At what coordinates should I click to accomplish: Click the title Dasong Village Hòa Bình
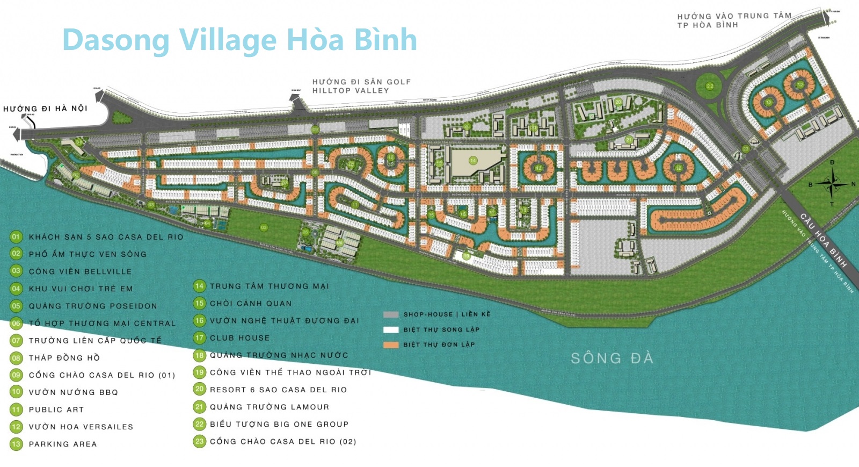(x=239, y=40)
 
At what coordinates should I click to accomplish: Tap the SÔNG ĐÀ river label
(x=612, y=358)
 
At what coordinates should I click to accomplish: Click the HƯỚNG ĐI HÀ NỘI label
(x=45, y=109)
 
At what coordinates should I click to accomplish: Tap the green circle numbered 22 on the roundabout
(x=710, y=86)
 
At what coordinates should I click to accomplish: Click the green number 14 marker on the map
(x=473, y=160)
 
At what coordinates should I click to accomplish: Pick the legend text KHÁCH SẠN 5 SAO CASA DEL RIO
(x=106, y=237)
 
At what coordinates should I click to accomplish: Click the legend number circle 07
(x=16, y=341)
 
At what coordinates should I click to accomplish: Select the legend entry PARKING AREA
(x=63, y=444)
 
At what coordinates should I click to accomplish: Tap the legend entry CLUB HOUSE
(x=239, y=338)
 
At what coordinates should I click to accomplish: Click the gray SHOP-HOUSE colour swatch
(x=391, y=314)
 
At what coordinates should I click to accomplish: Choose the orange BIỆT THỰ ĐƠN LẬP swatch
(x=391, y=345)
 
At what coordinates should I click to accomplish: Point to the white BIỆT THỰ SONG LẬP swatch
(x=391, y=329)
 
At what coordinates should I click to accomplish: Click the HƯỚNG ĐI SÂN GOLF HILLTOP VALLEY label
(x=361, y=86)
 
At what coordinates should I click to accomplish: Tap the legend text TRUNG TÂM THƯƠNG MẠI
(x=269, y=286)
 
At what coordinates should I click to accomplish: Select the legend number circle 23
(x=199, y=442)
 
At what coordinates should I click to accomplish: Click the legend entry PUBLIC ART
(x=56, y=409)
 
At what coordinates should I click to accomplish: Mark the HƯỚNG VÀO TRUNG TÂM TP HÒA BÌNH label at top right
(x=734, y=20)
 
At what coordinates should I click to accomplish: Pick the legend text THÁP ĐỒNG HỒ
(x=64, y=358)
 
